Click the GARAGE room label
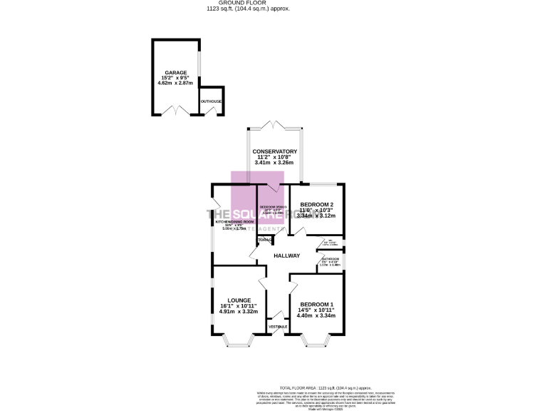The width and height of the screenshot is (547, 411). pos(175,73)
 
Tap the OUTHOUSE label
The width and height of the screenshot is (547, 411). pos(212,101)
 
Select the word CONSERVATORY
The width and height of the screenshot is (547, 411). pos(274,151)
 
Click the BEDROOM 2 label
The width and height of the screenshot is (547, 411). pos(316,205)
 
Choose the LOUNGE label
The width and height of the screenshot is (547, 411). pos(239,300)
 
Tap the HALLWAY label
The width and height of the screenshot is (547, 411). pos(287,255)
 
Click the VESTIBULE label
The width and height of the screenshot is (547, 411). pos(278,327)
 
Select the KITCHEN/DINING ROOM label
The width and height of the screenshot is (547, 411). pos(235,222)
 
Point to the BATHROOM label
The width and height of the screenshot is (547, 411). pos(330,259)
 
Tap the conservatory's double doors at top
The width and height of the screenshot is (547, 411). pos(274,125)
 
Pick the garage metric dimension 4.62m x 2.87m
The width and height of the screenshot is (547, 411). pos(176,83)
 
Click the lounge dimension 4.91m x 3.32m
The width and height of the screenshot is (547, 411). pos(239,311)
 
